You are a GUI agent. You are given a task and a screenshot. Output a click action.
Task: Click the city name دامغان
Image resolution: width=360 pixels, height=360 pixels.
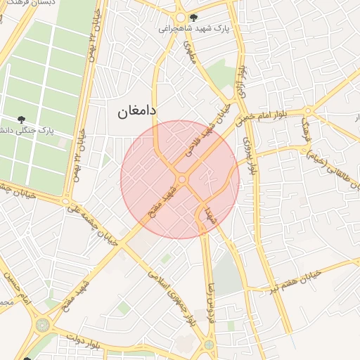coord(132,110)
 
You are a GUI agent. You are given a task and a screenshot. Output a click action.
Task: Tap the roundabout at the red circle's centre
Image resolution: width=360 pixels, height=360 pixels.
coord(182,180)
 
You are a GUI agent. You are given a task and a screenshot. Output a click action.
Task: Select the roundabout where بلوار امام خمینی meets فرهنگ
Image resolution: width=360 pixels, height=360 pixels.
coord(308,110)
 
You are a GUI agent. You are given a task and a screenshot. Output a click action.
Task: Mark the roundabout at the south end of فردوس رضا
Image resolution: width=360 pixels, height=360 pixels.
coord(210,344)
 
